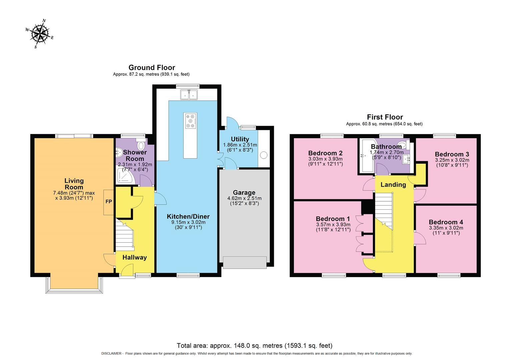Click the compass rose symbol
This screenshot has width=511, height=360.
39,34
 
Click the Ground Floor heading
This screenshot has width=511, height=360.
152,68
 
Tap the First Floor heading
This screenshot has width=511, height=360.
385,117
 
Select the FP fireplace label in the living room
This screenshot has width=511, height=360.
109,202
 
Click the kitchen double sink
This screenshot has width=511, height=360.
188,95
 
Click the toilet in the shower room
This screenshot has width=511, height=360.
141,145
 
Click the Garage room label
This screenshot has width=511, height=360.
244,192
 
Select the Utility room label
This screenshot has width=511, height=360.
240,139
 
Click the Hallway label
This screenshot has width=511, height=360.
134,257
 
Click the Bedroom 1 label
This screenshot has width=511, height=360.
333,219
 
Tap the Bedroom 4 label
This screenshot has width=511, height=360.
446,222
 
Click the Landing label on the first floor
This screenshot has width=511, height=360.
393,185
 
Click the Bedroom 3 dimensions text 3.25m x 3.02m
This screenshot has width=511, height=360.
452,160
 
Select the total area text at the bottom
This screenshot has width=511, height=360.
254,346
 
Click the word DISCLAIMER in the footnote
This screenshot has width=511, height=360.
112,354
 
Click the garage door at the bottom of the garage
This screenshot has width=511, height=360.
244,262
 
